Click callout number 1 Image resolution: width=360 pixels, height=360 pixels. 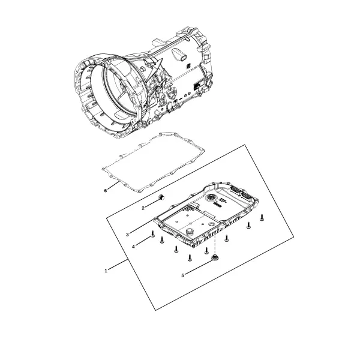point(106,271)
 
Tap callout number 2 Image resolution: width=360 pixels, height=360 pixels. point(143,208)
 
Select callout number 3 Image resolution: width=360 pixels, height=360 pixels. point(127,235)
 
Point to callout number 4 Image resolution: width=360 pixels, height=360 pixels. point(133,247)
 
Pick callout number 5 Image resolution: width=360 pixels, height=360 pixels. point(183,275)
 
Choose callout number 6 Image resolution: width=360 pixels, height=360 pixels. point(106,191)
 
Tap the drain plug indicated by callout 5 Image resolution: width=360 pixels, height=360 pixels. point(215,258)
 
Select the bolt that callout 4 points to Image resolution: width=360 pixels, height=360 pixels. point(152,234)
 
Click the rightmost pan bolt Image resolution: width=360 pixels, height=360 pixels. point(262,217)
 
